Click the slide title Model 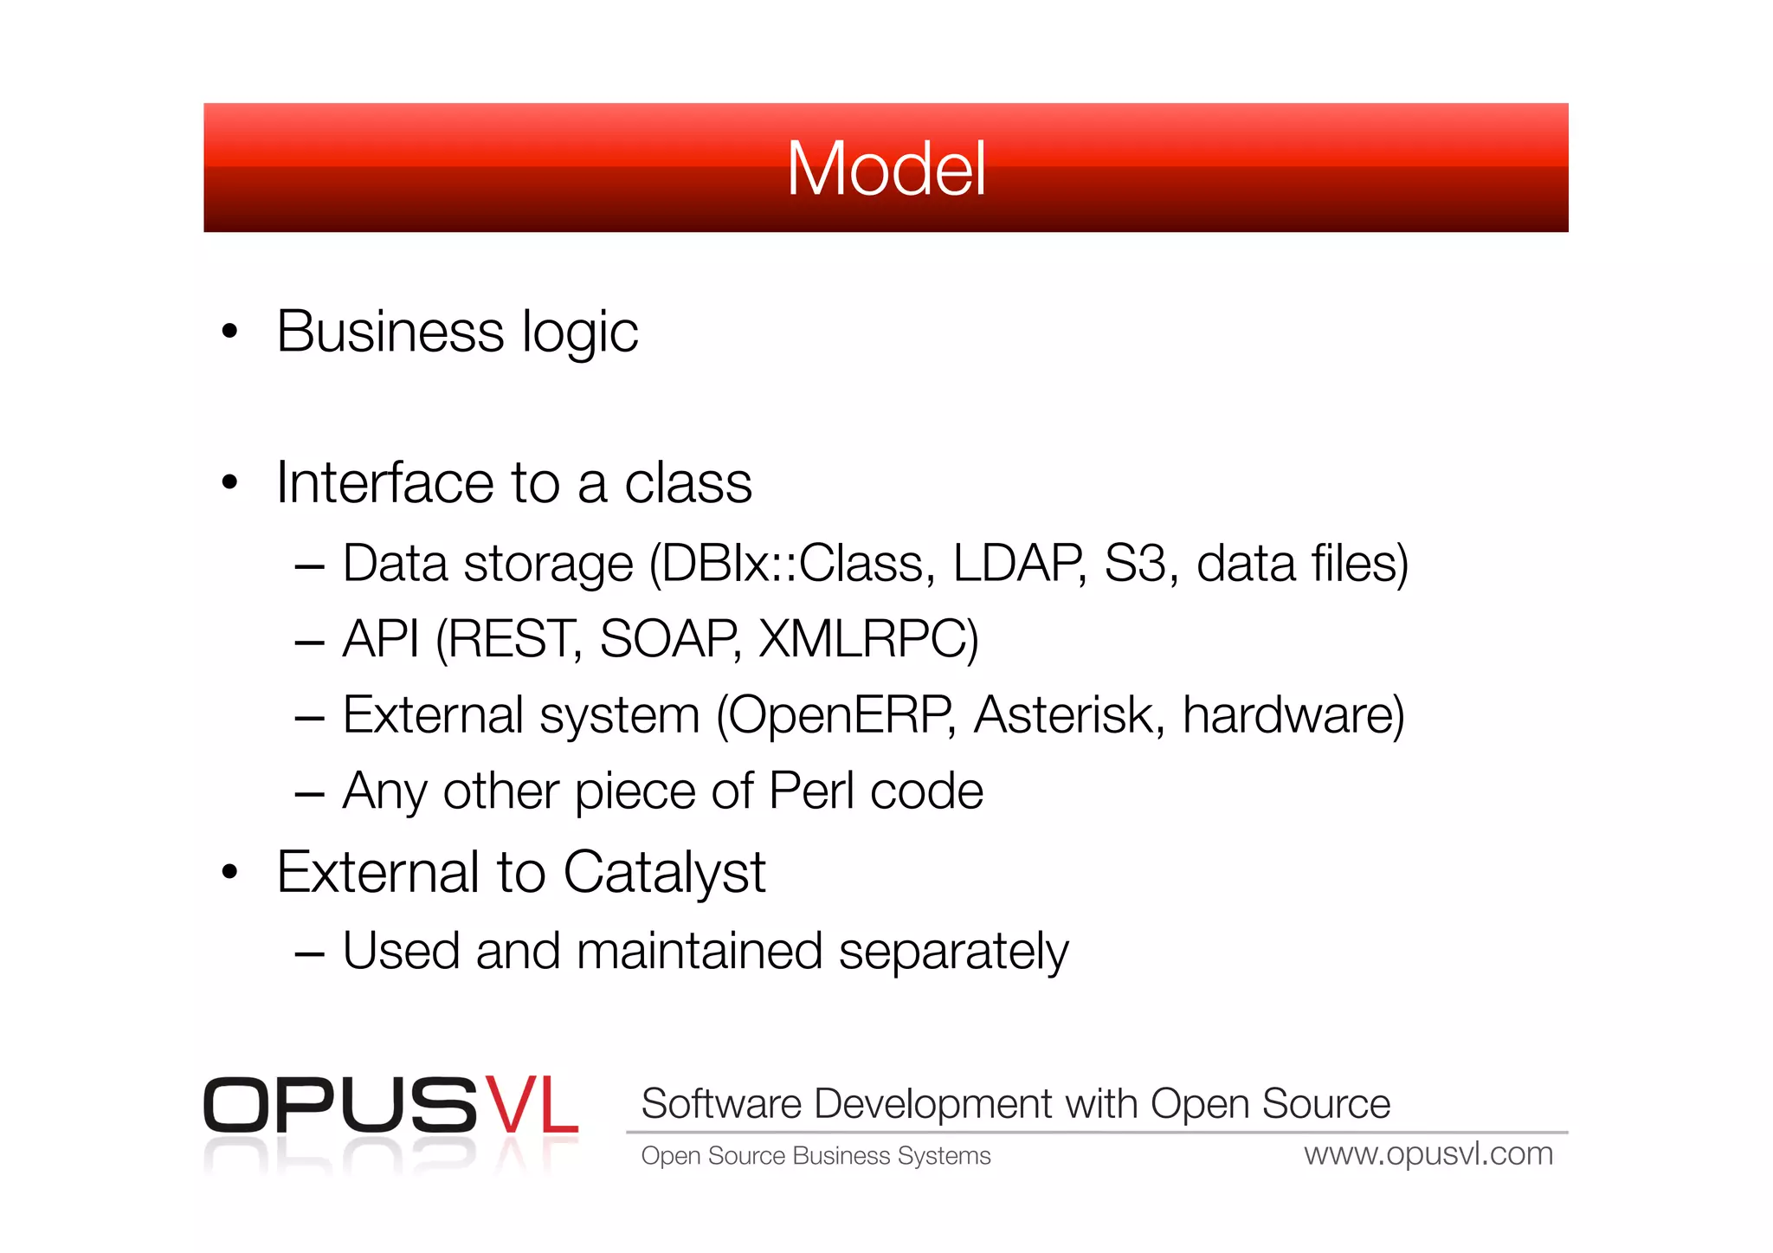click(886, 169)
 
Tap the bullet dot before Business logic click(229, 331)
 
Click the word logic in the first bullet click(579, 333)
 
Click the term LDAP click(1018, 564)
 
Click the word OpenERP click(839, 715)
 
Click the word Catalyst click(664, 872)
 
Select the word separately click(953, 952)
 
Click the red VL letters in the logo click(530, 1105)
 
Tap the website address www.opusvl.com click(1428, 1154)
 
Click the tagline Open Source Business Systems click(816, 1156)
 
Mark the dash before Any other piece click(309, 792)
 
